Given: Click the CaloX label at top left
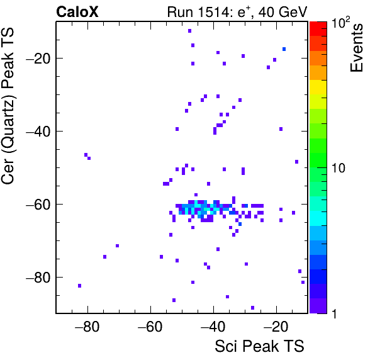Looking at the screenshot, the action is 77,12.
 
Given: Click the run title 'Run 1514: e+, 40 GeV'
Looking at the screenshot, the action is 237,12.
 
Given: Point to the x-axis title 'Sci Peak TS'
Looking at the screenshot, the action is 259,346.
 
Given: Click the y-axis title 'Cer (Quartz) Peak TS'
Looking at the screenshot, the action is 8,106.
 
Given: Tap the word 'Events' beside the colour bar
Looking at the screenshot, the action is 357,48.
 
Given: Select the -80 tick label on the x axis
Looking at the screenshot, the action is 87,327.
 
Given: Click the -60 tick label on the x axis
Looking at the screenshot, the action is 150,327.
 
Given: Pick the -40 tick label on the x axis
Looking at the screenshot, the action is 213,327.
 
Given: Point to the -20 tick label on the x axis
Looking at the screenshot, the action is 276,327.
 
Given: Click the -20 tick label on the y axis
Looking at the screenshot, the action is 38,59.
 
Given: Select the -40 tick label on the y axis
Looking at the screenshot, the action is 38,132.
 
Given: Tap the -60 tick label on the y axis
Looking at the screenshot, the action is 38,205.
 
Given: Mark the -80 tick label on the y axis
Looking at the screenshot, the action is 38,278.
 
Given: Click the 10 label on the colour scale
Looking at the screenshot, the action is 338,168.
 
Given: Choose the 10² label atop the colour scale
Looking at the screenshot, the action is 340,23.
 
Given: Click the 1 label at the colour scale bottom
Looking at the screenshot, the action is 334,313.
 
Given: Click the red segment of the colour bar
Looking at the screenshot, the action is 318,29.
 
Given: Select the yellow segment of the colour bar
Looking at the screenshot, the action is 318,87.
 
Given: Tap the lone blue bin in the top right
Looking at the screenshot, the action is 284,49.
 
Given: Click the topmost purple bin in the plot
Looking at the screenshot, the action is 189,31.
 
